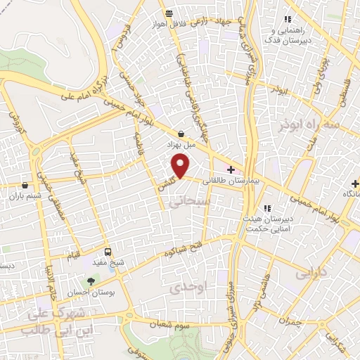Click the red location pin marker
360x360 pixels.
(x=181, y=165)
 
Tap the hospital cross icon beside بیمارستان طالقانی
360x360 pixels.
(x=231, y=170)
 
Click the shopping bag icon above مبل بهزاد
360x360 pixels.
(x=181, y=133)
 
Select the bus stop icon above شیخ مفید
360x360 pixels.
(x=108, y=252)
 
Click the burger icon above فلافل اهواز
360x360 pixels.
(x=169, y=13)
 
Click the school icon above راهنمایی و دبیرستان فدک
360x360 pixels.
(x=286, y=19)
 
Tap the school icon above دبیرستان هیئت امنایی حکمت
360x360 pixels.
(x=266, y=208)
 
